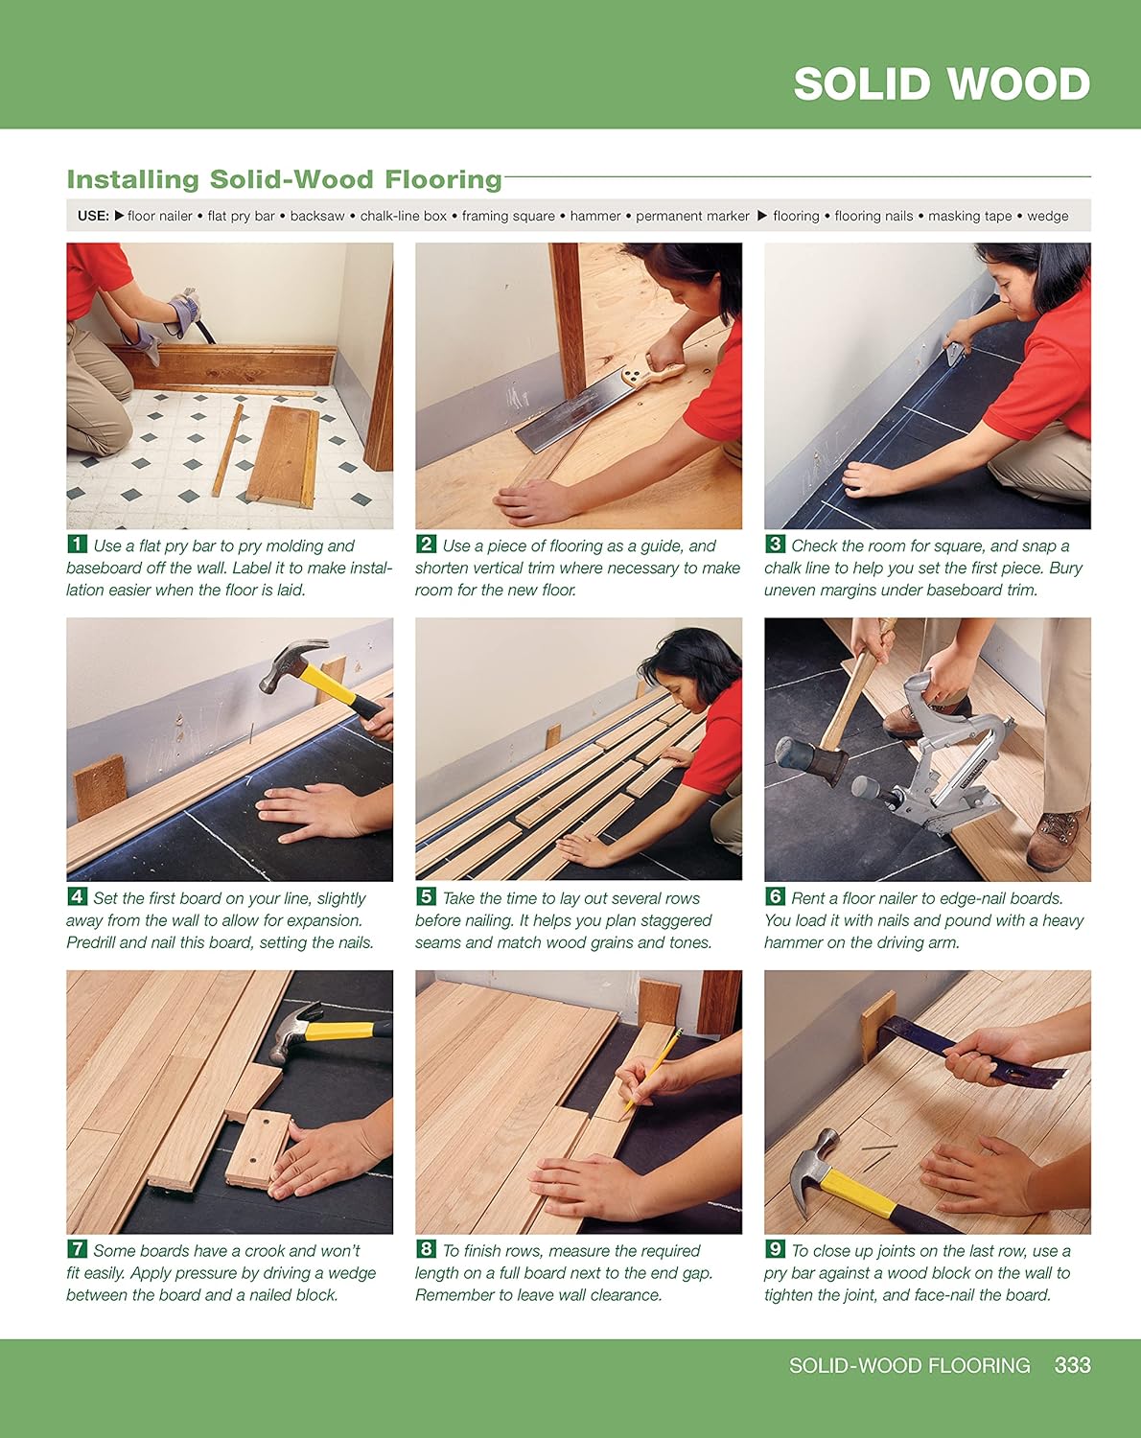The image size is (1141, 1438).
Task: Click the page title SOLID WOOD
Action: [x=941, y=84]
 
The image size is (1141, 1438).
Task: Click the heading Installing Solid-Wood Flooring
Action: [x=284, y=179]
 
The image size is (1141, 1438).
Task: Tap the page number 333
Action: [x=1072, y=1365]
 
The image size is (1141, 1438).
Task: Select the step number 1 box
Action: [x=77, y=545]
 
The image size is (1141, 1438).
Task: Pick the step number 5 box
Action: [x=426, y=897]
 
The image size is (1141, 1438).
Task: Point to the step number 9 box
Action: [x=775, y=1249]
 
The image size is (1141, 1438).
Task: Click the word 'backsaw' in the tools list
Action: [x=317, y=217]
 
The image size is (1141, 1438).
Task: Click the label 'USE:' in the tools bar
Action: [x=93, y=217]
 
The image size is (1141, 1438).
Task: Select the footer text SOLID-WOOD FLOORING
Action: [x=909, y=1365]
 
